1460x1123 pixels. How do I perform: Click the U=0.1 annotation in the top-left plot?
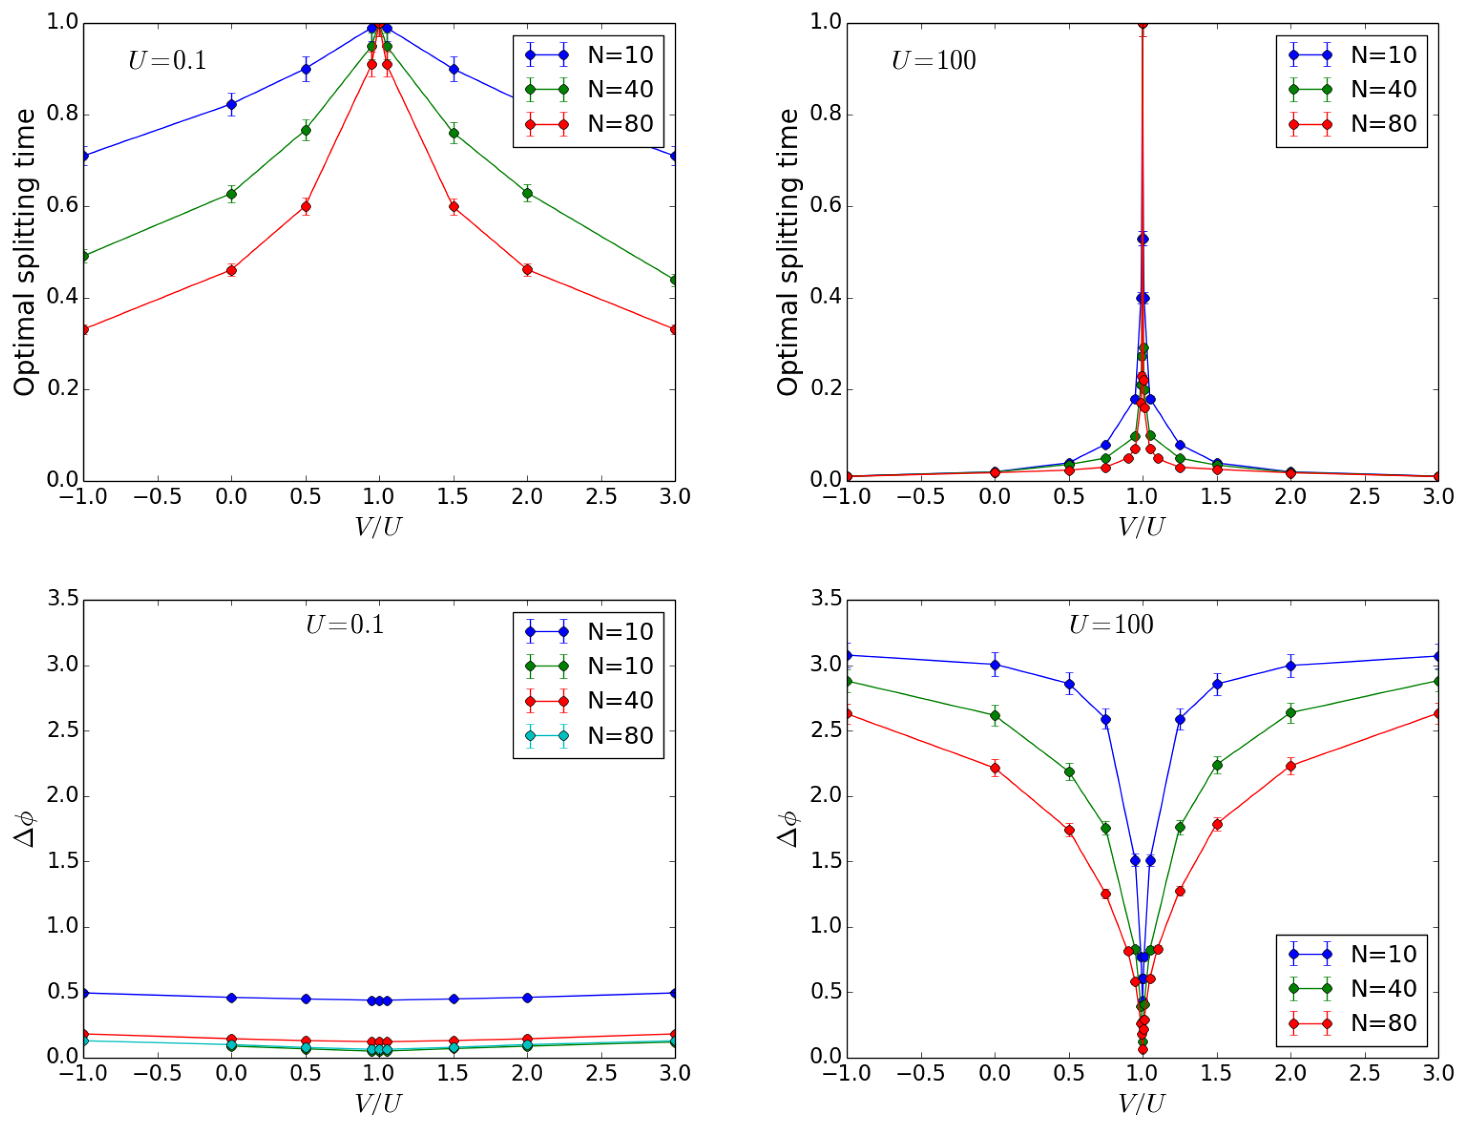[x=167, y=61]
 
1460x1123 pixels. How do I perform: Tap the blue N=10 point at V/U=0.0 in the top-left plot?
[x=232, y=104]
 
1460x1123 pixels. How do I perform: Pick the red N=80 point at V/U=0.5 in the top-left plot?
[x=306, y=207]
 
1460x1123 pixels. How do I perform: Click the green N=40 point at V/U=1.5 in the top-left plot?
[x=454, y=133]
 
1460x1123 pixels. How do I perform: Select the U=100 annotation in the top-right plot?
[x=934, y=61]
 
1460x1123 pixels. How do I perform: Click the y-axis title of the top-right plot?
[x=788, y=253]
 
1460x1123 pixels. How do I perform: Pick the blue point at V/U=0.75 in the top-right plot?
[x=1106, y=445]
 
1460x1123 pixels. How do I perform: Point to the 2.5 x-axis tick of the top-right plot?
[x=1364, y=497]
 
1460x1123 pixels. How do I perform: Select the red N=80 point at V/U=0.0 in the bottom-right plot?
[x=995, y=767]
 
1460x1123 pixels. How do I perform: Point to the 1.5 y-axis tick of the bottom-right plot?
[x=827, y=861]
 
